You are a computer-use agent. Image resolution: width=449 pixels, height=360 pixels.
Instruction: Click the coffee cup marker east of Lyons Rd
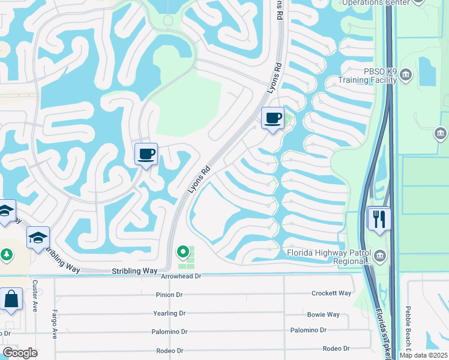pyautogui.click(x=273, y=118)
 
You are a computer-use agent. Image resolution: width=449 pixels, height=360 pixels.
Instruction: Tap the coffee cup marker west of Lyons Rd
pyautogui.click(x=146, y=154)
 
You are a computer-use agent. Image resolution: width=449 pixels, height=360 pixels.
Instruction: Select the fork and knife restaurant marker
pyautogui.click(x=379, y=218)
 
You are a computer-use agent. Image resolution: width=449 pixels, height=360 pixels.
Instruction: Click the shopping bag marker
pyautogui.click(x=11, y=299)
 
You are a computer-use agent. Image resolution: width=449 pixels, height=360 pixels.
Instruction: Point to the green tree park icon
pyautogui.click(x=6, y=254)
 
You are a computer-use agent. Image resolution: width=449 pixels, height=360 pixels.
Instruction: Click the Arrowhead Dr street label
pyautogui.click(x=181, y=276)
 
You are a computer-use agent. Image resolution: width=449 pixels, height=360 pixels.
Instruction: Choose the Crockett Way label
pyautogui.click(x=331, y=293)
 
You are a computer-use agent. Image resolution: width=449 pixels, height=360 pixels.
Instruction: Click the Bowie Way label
pyautogui.click(x=323, y=314)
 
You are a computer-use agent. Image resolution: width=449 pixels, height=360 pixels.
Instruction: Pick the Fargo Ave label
pyautogui.click(x=55, y=324)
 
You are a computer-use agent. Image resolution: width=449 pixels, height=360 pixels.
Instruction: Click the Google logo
pyautogui.click(x=20, y=353)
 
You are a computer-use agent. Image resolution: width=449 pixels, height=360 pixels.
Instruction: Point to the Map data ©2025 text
pyautogui.click(x=423, y=355)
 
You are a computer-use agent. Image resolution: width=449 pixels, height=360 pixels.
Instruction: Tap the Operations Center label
pyautogui.click(x=375, y=2)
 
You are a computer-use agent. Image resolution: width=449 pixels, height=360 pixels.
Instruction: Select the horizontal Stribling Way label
pyautogui.click(x=134, y=271)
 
